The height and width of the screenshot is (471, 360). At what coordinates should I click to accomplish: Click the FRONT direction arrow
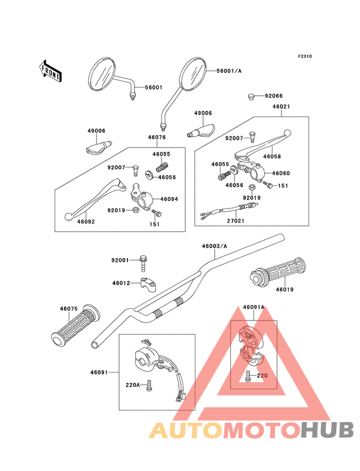(51, 71)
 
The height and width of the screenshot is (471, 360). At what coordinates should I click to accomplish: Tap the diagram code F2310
(305, 56)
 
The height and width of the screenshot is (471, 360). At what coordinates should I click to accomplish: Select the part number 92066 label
(274, 96)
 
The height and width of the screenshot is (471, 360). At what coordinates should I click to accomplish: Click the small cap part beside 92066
(251, 97)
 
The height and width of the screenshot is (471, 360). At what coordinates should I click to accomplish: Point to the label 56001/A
(229, 71)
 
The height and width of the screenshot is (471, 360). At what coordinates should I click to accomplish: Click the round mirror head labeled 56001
(102, 74)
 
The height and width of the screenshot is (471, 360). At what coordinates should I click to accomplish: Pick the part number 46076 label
(157, 137)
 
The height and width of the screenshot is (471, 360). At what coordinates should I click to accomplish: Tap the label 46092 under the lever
(85, 222)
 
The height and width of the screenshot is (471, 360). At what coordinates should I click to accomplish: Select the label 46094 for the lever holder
(169, 199)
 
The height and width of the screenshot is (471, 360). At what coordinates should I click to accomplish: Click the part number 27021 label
(235, 221)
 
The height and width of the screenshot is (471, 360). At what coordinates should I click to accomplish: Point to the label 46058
(272, 156)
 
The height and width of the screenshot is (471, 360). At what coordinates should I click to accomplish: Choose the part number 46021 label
(282, 107)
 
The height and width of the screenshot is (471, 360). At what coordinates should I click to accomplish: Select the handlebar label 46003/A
(215, 246)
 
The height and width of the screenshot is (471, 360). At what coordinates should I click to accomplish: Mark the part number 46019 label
(285, 290)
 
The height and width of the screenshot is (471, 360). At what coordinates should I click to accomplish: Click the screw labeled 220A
(149, 385)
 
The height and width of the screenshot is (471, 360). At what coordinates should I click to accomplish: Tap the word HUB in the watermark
(328, 430)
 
